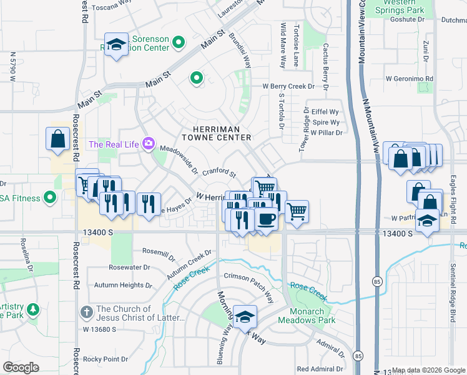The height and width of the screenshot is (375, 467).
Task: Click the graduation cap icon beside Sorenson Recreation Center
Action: pos(116,45)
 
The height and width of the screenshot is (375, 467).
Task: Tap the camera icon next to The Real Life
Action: pos(149,144)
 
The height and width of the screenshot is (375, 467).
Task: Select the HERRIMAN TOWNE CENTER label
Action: pos(216,132)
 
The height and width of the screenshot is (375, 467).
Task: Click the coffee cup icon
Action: pos(267,221)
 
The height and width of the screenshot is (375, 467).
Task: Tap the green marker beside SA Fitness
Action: pos(51,198)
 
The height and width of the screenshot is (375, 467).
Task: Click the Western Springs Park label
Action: pos(404,7)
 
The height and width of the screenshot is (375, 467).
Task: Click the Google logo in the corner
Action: pos(21,367)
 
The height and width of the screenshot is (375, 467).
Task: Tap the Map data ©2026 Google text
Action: pos(428,370)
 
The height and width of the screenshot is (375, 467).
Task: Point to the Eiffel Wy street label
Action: pos(325,111)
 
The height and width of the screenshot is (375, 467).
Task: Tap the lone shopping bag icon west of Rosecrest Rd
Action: pos(57,139)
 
